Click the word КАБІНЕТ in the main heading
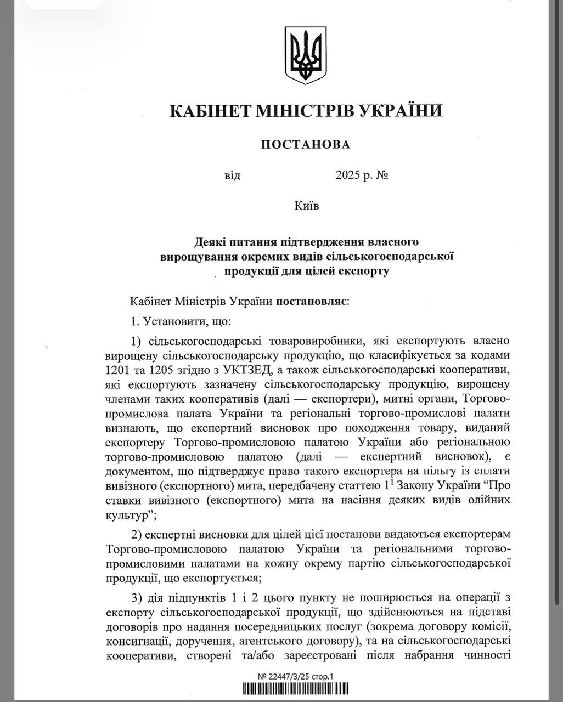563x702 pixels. coord(207,111)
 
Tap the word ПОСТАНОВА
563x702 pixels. coord(305,145)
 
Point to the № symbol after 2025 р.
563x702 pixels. coord(382,176)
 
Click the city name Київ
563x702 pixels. coord(306,206)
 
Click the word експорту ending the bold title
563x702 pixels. coord(364,271)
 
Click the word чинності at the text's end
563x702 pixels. coord(488,655)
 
